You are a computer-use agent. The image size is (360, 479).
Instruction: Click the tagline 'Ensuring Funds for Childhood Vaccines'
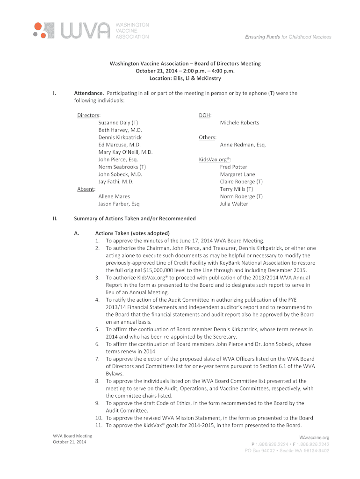click(288, 37)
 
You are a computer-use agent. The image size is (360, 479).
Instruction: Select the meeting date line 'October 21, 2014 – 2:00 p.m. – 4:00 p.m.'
click(185, 71)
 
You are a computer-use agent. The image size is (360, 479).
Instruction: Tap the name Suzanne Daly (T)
click(118, 123)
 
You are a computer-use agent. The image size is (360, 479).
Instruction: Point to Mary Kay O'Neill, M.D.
click(126, 152)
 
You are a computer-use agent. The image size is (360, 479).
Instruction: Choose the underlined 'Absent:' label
click(86, 189)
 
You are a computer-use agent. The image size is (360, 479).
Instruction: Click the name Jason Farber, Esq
click(119, 204)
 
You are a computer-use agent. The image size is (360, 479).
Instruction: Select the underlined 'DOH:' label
click(205, 115)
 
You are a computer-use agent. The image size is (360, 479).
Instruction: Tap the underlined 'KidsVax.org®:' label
click(216, 160)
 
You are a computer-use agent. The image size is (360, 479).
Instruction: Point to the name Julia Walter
click(234, 204)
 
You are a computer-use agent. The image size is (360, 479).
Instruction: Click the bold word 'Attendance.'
click(89, 93)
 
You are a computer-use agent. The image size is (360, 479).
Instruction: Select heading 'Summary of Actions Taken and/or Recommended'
click(135, 218)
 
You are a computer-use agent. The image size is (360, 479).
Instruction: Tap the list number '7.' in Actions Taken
click(98, 359)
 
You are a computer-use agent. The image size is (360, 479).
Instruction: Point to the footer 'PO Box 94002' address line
click(287, 451)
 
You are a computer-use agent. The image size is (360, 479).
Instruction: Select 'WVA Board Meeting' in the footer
click(72, 436)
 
